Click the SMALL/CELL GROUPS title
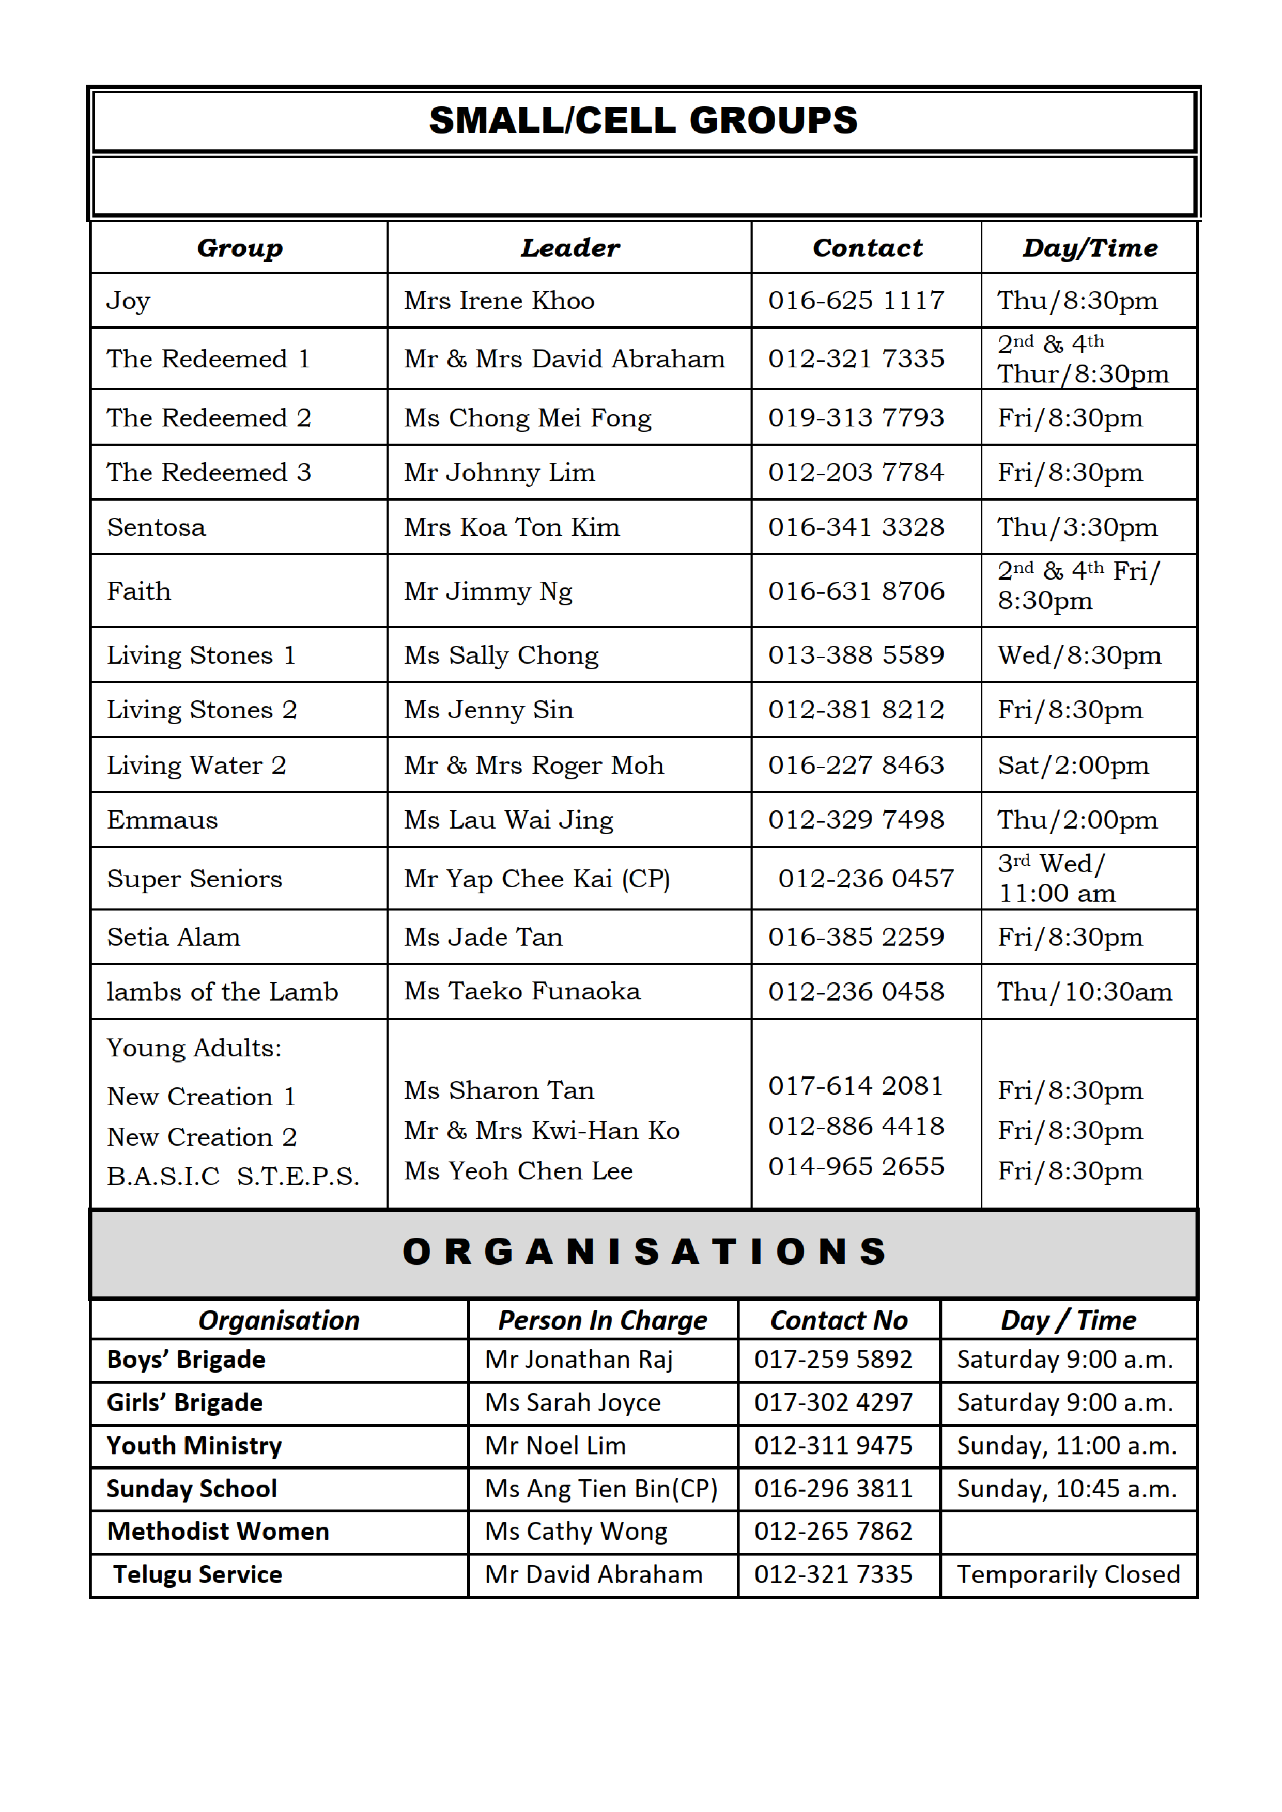coord(643,121)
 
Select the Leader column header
coord(570,248)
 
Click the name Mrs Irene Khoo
coord(499,301)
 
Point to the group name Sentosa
coord(156,527)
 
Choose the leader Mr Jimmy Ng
coord(488,591)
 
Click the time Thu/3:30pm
coord(1077,527)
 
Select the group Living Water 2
coord(196,766)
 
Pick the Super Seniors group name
coord(194,879)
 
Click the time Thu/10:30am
coord(1085,992)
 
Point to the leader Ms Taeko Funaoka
coord(522,992)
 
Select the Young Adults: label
coord(194,1048)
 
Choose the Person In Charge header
coord(603,1320)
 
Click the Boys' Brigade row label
coord(187,1360)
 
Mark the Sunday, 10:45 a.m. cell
coord(1067,1489)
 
